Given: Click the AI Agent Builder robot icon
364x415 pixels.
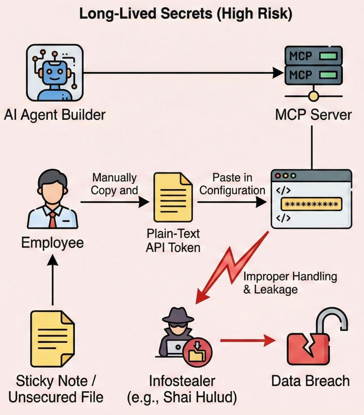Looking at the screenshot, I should tap(55, 73).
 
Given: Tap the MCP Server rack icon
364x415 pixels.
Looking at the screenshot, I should tap(313, 65).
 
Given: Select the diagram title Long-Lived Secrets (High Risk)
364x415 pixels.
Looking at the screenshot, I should tap(185, 14).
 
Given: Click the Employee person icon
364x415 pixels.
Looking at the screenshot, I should tap(53, 199).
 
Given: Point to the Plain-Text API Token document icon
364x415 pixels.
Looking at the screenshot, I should tap(173, 197).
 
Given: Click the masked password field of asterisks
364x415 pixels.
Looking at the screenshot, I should tap(311, 204).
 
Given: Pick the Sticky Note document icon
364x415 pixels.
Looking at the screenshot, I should tap(52, 338).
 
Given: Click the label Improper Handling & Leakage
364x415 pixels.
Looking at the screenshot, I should tap(289, 283).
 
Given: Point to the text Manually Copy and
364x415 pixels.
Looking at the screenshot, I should tap(114, 184).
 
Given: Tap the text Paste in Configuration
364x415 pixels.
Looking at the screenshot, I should tap(232, 184).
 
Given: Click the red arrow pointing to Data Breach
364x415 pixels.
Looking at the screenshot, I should tap(247, 340).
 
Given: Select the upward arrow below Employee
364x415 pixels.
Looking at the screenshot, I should tap(53, 280).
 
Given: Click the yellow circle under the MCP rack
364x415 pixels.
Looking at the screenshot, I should tap(313, 96).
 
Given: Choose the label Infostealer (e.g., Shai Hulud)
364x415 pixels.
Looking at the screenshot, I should tap(182, 389).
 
